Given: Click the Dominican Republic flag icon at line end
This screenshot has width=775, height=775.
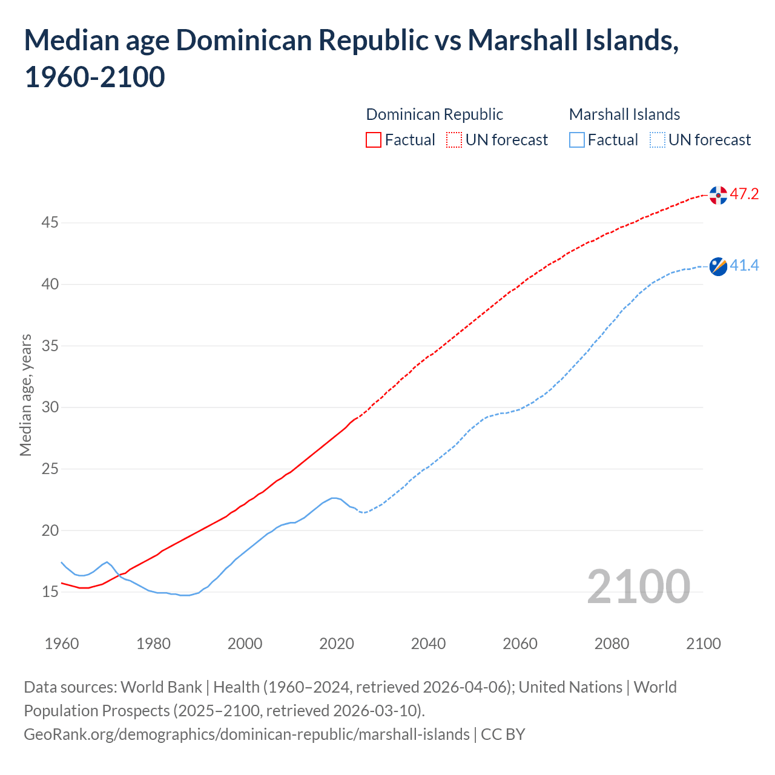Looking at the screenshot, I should point(718,195).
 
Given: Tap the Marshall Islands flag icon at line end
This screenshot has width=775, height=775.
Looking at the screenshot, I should point(718,266).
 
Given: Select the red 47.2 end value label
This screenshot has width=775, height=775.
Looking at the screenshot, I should point(744,194).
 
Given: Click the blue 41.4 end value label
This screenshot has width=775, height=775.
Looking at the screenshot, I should point(744,266).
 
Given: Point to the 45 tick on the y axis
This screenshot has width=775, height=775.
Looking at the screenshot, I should point(50,223).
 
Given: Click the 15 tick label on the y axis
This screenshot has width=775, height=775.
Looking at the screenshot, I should point(50,592).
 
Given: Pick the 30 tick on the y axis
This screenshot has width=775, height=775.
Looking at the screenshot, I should point(50,407).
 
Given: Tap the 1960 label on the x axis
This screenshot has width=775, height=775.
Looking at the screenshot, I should point(62,644).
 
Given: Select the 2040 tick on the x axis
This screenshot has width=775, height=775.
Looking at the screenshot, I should point(428,644).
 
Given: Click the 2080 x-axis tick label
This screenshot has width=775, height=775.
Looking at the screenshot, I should point(612,644).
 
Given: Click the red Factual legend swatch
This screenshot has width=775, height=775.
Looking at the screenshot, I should point(374,140).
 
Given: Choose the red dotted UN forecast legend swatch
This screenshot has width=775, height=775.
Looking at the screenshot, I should point(454,140).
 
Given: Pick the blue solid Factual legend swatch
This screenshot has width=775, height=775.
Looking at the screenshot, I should point(577,140).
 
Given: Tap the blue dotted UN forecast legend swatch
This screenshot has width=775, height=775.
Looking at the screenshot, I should point(657,140).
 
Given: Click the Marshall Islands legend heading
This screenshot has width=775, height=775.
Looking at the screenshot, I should point(624,114).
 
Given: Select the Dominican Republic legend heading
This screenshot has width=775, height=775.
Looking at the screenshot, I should point(434,114).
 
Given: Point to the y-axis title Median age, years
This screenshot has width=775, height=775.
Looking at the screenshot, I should point(25,395).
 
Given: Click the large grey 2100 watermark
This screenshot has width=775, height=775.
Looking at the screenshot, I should point(638,587).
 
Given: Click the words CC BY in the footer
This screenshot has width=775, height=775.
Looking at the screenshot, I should point(503,734).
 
